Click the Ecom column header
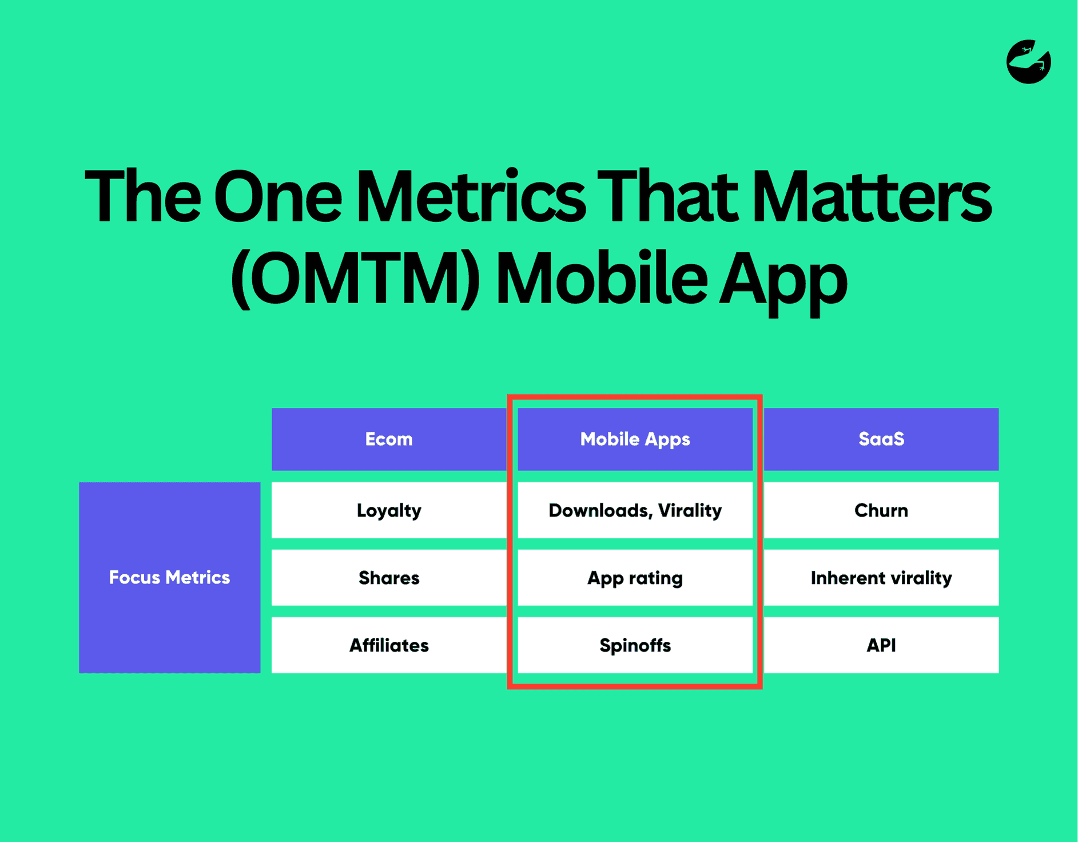pos(389,439)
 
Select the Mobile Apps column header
pos(635,439)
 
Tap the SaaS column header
pos(881,439)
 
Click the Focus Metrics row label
pos(169,577)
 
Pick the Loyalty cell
pos(389,510)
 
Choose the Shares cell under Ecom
pos(389,577)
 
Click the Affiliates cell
pos(389,645)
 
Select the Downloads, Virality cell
pos(635,510)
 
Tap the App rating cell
pos(635,577)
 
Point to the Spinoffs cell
pos(635,645)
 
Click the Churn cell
pos(881,510)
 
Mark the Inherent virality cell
pos(881,577)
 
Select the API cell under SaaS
pos(881,645)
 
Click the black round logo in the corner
pos(1028,62)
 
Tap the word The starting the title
pos(143,197)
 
